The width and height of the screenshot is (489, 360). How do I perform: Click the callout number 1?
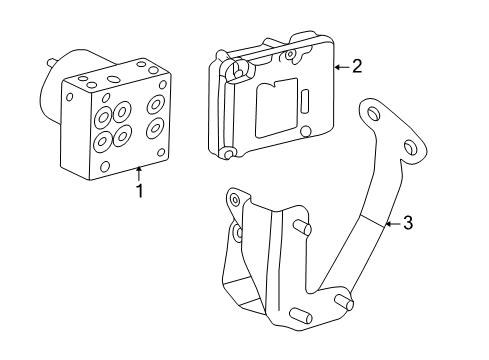pos(140,191)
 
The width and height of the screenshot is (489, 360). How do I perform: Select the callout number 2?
pos(357,66)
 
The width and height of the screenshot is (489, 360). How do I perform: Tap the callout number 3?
pos(408,223)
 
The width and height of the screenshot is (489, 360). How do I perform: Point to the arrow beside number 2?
pos(342,67)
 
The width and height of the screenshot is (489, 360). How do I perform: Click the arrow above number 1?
pos(139,173)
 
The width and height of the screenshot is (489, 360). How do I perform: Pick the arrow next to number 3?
pos(393,224)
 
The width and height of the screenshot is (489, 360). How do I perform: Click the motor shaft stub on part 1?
pos(51,63)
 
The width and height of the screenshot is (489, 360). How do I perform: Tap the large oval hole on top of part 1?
pos(114,79)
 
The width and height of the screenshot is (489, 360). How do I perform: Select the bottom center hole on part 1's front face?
pos(105,166)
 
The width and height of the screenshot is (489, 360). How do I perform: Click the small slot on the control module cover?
pos(304,101)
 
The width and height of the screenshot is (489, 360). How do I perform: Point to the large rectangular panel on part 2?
pos(276,108)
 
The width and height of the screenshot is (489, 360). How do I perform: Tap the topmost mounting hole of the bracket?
pos(373,114)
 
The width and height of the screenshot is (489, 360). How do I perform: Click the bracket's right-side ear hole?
pos(410,147)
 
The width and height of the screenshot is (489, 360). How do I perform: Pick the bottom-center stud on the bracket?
pos(301,316)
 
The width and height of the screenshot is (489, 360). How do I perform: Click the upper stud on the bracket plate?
pos(302,228)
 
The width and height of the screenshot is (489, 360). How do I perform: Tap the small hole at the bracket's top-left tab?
pos(235,200)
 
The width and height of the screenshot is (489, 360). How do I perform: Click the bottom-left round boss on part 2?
pos(229,154)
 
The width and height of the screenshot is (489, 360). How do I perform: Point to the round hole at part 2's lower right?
pos(306,131)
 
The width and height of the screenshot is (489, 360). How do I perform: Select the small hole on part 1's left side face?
pos(70,97)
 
